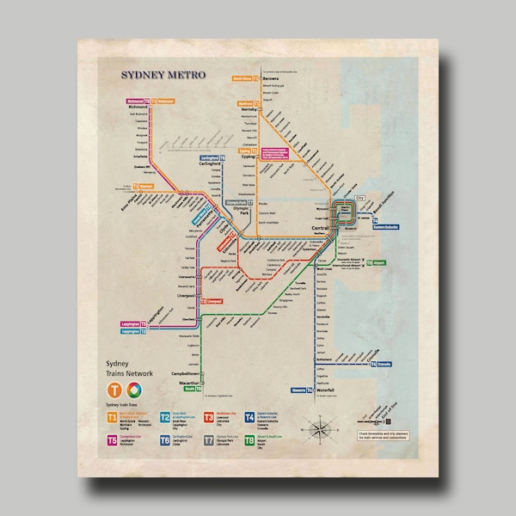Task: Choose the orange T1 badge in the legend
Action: pos(112,417)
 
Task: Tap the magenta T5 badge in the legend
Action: pos(112,440)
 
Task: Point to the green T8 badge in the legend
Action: pos(250,440)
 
